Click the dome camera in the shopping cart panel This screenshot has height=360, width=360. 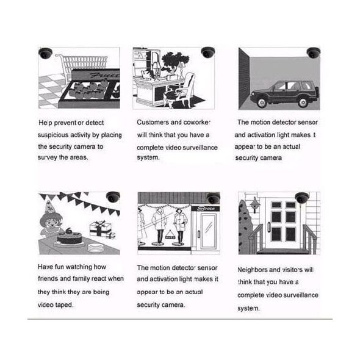(45, 53)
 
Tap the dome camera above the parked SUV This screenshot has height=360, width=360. (314, 53)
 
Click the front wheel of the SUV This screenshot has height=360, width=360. (262, 103)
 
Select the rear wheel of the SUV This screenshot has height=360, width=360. (303, 103)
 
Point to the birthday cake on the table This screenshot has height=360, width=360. (69, 237)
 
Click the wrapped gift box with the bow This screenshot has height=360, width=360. (100, 229)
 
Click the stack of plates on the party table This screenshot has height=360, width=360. (96, 248)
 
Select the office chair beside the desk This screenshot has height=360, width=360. (181, 90)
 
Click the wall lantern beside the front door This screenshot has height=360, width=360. (254, 204)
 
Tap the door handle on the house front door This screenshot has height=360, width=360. (269, 226)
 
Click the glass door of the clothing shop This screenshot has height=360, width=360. (208, 231)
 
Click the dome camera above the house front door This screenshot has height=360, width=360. (302, 198)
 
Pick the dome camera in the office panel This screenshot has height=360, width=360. (208, 52)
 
